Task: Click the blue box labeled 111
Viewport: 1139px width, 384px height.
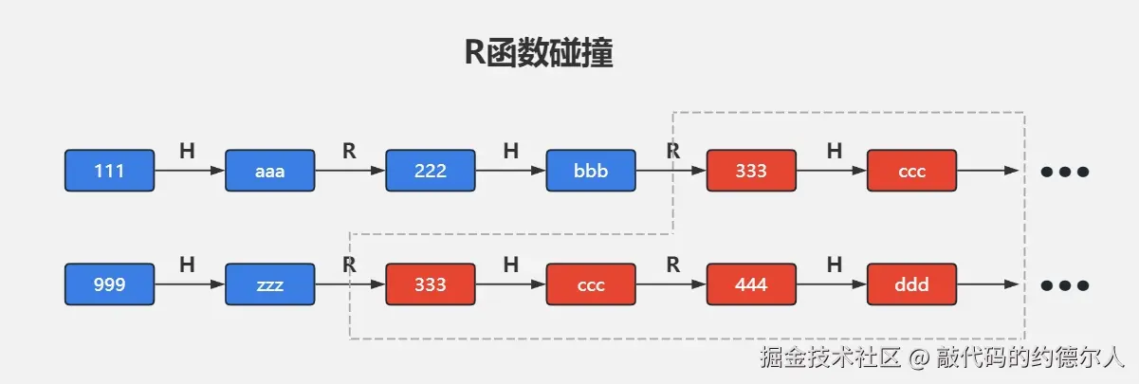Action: tap(109, 171)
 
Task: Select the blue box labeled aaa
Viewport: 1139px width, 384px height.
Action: tap(269, 171)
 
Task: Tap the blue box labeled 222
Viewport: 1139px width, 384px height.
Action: tap(430, 171)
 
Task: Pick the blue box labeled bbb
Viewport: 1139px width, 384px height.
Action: tap(590, 171)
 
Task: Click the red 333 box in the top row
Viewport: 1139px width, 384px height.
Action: tap(750, 171)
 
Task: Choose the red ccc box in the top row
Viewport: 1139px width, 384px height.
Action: tap(911, 171)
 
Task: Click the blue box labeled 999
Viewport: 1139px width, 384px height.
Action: tap(109, 284)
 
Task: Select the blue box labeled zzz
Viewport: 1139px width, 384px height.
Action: tap(269, 284)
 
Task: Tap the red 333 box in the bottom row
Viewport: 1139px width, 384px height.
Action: tap(430, 284)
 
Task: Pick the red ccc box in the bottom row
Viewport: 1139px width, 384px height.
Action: tap(590, 284)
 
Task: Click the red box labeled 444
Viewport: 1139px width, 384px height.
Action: tap(750, 284)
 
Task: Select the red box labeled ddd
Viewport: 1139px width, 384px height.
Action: tap(911, 284)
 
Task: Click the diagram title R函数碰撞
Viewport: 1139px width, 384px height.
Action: tap(538, 53)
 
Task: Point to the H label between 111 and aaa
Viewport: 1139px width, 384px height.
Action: tap(187, 150)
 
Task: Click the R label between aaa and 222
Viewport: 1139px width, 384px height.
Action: tap(349, 150)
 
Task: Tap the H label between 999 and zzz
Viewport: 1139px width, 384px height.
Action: tap(187, 265)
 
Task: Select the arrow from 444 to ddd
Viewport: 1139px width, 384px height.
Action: tap(830, 284)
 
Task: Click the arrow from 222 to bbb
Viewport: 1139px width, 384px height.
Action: tap(509, 171)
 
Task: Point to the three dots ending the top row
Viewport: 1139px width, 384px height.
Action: tap(1064, 172)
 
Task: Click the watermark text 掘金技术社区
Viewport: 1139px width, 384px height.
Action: tap(830, 357)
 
